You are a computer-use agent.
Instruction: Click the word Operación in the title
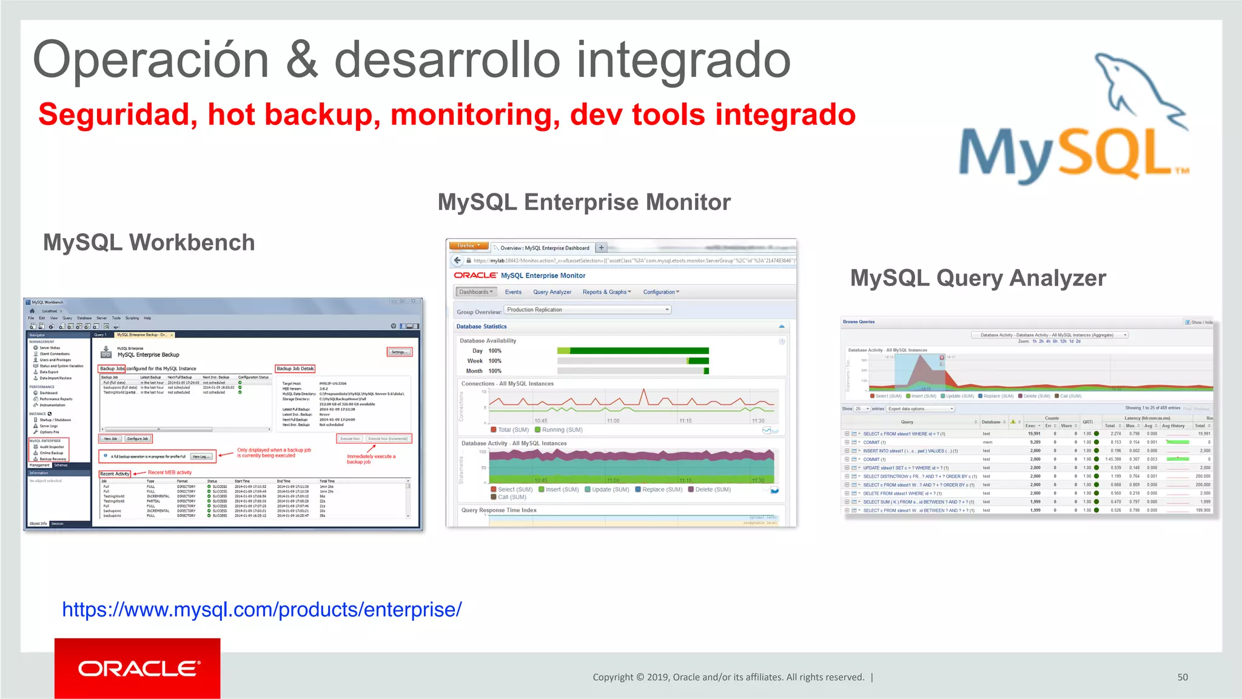point(150,61)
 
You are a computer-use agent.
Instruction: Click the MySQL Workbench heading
point(149,242)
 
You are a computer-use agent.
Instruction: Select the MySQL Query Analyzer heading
point(978,278)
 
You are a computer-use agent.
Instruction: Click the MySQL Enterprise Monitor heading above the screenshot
point(584,202)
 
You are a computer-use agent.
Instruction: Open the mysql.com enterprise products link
point(262,609)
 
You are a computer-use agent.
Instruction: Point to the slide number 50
point(1182,677)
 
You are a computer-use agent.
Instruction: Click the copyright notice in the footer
point(728,677)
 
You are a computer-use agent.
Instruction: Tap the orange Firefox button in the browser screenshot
point(468,246)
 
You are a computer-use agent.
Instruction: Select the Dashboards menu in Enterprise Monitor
point(475,292)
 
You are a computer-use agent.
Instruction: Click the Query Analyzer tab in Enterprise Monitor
point(552,292)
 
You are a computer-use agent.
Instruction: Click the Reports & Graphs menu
point(606,292)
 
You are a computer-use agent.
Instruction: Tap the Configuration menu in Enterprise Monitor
point(660,292)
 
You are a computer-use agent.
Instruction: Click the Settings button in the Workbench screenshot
point(399,352)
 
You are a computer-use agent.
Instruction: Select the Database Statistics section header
point(482,327)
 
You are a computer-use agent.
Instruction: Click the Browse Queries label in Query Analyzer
point(858,322)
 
